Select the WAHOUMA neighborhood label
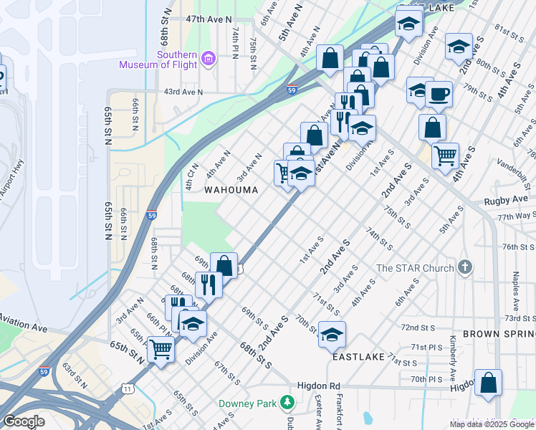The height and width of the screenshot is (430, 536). pyautogui.click(x=230, y=190)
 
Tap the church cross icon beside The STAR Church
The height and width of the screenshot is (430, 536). pyautogui.click(x=465, y=268)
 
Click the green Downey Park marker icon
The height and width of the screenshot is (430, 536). pyautogui.click(x=287, y=403)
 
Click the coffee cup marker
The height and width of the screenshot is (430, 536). pyautogui.click(x=439, y=93)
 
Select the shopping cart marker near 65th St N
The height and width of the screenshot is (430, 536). pyautogui.click(x=161, y=350)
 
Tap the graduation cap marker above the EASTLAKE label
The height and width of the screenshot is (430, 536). pyautogui.click(x=332, y=335)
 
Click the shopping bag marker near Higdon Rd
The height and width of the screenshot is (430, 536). pyautogui.click(x=488, y=383)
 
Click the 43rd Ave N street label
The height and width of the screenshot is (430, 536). pyautogui.click(x=183, y=92)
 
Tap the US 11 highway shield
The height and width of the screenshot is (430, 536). pyautogui.click(x=128, y=388)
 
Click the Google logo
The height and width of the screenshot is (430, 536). pyautogui.click(x=24, y=421)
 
